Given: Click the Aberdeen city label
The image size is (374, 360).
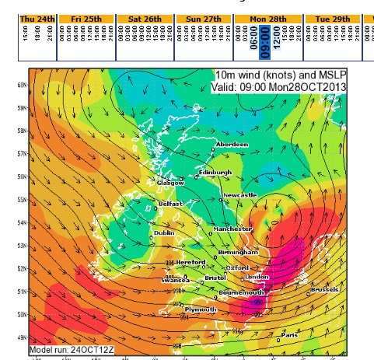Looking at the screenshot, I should [x=233, y=144].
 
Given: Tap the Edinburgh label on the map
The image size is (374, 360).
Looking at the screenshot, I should [x=215, y=172].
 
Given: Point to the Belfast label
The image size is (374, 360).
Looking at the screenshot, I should [x=170, y=203].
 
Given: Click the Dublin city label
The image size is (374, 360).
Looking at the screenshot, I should [x=164, y=232].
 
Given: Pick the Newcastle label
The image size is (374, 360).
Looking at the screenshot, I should [x=239, y=195].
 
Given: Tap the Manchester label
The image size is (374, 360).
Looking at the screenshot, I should [x=233, y=229].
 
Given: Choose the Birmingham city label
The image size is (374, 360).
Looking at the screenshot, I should [x=238, y=253].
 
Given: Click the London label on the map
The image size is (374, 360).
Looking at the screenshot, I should [x=257, y=277].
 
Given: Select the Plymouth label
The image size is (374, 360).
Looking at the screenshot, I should [x=201, y=309].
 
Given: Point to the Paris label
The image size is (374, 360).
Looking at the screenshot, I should [x=289, y=335].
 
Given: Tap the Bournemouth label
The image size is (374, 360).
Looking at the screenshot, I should [x=243, y=292].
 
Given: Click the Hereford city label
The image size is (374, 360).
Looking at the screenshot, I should [x=190, y=262].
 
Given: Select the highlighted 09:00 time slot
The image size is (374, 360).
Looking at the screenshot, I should [x=264, y=37].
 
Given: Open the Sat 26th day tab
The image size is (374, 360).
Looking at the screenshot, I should [x=145, y=18].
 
